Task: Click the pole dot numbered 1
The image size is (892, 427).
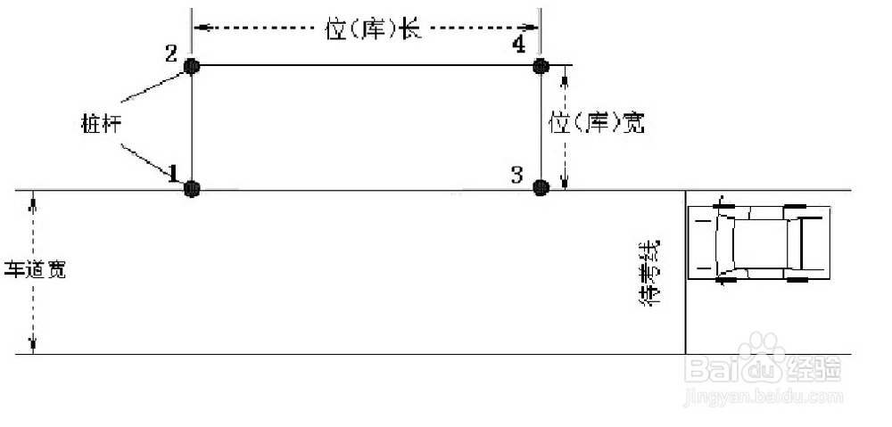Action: tap(192, 188)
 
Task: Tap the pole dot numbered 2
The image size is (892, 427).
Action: tap(192, 65)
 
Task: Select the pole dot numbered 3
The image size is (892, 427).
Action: tap(540, 187)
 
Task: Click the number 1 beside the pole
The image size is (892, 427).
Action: tap(173, 173)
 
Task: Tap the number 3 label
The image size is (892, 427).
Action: tap(517, 174)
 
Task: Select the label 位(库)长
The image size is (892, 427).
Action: tap(373, 29)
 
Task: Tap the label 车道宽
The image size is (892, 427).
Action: tap(36, 269)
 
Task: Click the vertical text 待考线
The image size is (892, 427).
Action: tap(651, 273)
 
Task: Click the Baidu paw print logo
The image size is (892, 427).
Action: tap(763, 349)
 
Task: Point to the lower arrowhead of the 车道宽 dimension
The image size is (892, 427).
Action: tap(33, 347)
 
